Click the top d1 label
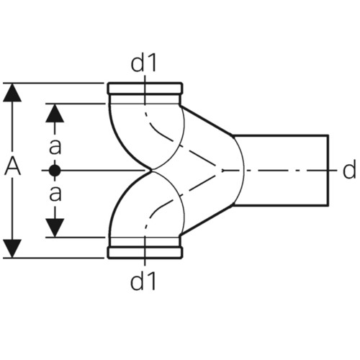click(x=143, y=63)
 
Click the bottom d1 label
click(x=143, y=281)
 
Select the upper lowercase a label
click(x=55, y=147)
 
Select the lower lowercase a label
click(x=55, y=194)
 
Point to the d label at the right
click(x=349, y=170)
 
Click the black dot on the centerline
click(x=55, y=171)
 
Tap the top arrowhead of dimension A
click(x=12, y=92)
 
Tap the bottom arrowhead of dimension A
click(x=12, y=248)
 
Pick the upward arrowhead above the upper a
click(x=55, y=113)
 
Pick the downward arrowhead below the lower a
click(x=55, y=228)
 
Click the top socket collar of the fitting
click(x=145, y=89)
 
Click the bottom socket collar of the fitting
click(x=145, y=253)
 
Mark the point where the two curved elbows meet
click(x=152, y=171)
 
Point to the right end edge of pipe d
click(x=328, y=171)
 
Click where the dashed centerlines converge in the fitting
click(x=222, y=171)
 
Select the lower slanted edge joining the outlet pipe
click(x=207, y=220)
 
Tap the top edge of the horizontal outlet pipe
click(x=281, y=135)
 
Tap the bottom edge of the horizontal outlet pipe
click(x=281, y=205)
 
